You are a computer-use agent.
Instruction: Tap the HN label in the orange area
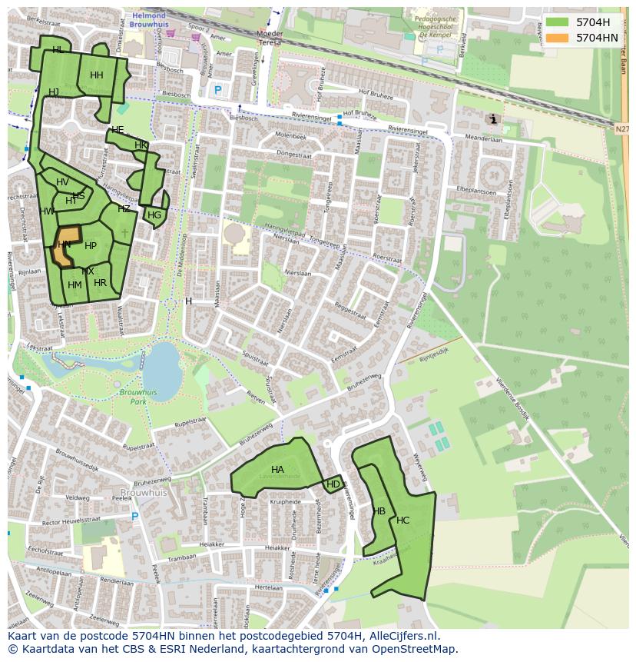tap(65, 245)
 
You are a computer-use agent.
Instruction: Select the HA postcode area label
tap(277, 470)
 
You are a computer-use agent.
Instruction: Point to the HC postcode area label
tap(403, 521)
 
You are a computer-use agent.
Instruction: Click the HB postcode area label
tap(379, 511)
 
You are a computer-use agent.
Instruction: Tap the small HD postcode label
tap(333, 484)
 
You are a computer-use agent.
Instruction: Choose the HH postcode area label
tap(97, 75)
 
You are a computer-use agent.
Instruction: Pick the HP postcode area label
tap(91, 246)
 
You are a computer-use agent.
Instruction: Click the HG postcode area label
tap(154, 215)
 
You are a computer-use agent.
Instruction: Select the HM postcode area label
tap(75, 285)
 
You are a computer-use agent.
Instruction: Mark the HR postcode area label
tap(100, 283)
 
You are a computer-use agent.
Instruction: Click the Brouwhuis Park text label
tap(138, 397)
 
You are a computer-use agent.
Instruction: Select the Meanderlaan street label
tap(484, 139)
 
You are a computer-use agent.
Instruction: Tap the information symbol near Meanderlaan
tap(492, 119)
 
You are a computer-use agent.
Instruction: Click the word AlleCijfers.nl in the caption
tap(402, 636)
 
